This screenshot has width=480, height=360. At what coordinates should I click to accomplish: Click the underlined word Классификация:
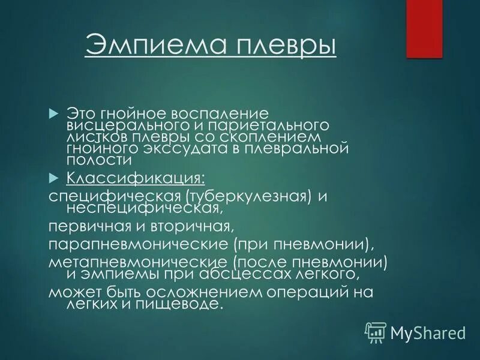coord(135,178)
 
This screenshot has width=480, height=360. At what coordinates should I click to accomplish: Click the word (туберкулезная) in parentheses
coord(248,197)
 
